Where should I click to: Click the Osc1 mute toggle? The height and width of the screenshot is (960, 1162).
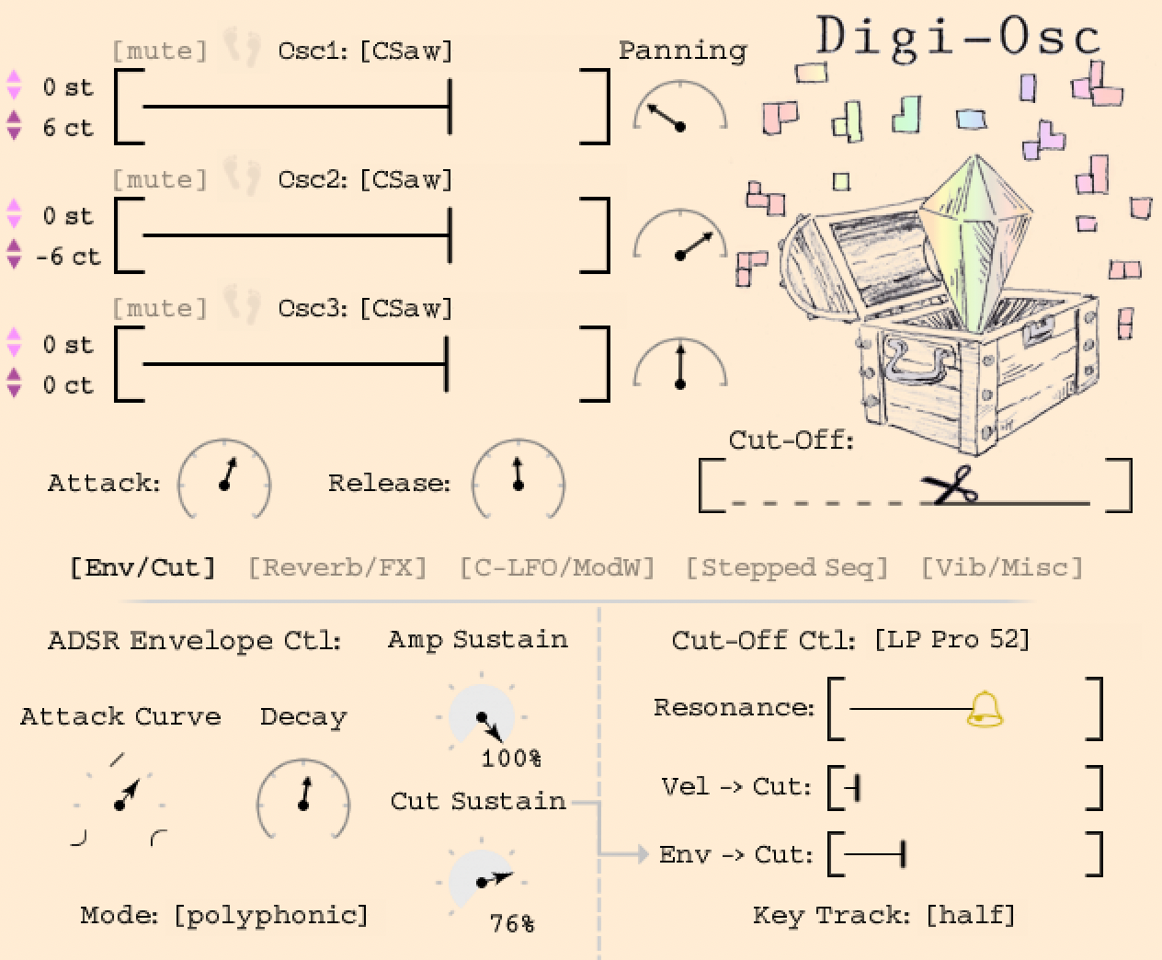coord(159,51)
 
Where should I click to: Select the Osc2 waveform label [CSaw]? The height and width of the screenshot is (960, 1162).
coord(406,179)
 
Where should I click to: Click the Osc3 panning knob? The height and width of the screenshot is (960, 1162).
coord(680,368)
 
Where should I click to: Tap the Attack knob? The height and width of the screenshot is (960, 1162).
coord(224,478)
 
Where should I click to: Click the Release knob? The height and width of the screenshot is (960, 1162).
coord(518,478)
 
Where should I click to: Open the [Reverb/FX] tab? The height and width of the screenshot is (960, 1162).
coord(337,567)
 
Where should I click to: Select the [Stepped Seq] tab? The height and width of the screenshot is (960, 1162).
coord(787,567)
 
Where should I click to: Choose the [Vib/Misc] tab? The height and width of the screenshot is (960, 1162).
coord(1002,567)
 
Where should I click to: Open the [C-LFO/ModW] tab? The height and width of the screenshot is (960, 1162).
coord(557,567)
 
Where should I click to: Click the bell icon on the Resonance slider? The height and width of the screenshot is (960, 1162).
coord(985,709)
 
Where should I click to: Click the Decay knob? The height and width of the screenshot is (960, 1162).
coord(303,799)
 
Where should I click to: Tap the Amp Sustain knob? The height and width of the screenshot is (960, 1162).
coord(482,717)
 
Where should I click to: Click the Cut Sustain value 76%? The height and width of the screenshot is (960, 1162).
coord(512,922)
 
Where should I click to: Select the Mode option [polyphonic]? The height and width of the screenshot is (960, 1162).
coord(271,915)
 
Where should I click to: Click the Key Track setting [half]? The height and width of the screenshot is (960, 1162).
coord(971,915)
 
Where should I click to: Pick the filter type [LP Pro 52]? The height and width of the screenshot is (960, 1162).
coord(951,639)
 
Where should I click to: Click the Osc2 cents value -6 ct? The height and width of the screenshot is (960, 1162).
coord(68,257)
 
